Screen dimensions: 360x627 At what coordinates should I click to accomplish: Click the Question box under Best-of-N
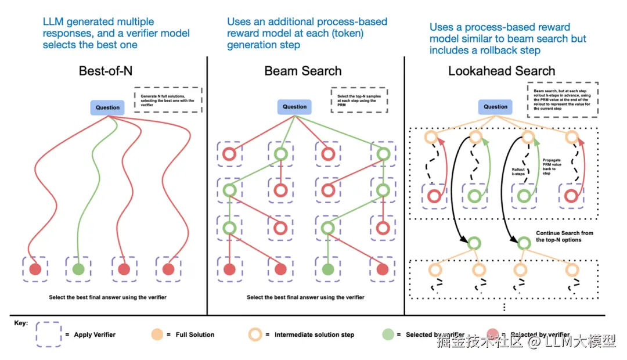pos(107,107)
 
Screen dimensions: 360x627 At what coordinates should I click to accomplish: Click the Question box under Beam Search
pos(294,106)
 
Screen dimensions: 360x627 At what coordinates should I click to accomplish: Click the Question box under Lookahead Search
pos(495,106)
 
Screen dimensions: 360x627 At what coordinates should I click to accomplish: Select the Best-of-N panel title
pos(114,71)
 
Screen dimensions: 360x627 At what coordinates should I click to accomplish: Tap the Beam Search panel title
pos(302,71)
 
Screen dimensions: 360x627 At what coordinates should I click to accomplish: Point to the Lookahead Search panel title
pos(502,71)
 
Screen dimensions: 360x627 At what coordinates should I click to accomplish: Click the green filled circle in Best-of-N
pos(79,269)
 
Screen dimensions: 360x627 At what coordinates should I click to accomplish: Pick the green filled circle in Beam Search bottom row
pos(328,269)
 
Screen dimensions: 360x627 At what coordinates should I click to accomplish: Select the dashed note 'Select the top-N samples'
pos(359,99)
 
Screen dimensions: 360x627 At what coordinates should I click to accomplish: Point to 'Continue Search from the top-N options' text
pos(564,236)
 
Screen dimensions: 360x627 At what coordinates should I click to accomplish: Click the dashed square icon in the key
pos(48,334)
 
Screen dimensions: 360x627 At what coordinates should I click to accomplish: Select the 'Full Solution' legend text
pos(194,334)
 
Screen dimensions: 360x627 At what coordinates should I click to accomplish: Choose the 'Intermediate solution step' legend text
pos(313,334)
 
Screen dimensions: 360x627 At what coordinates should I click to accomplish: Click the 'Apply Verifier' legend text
pos(95,334)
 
